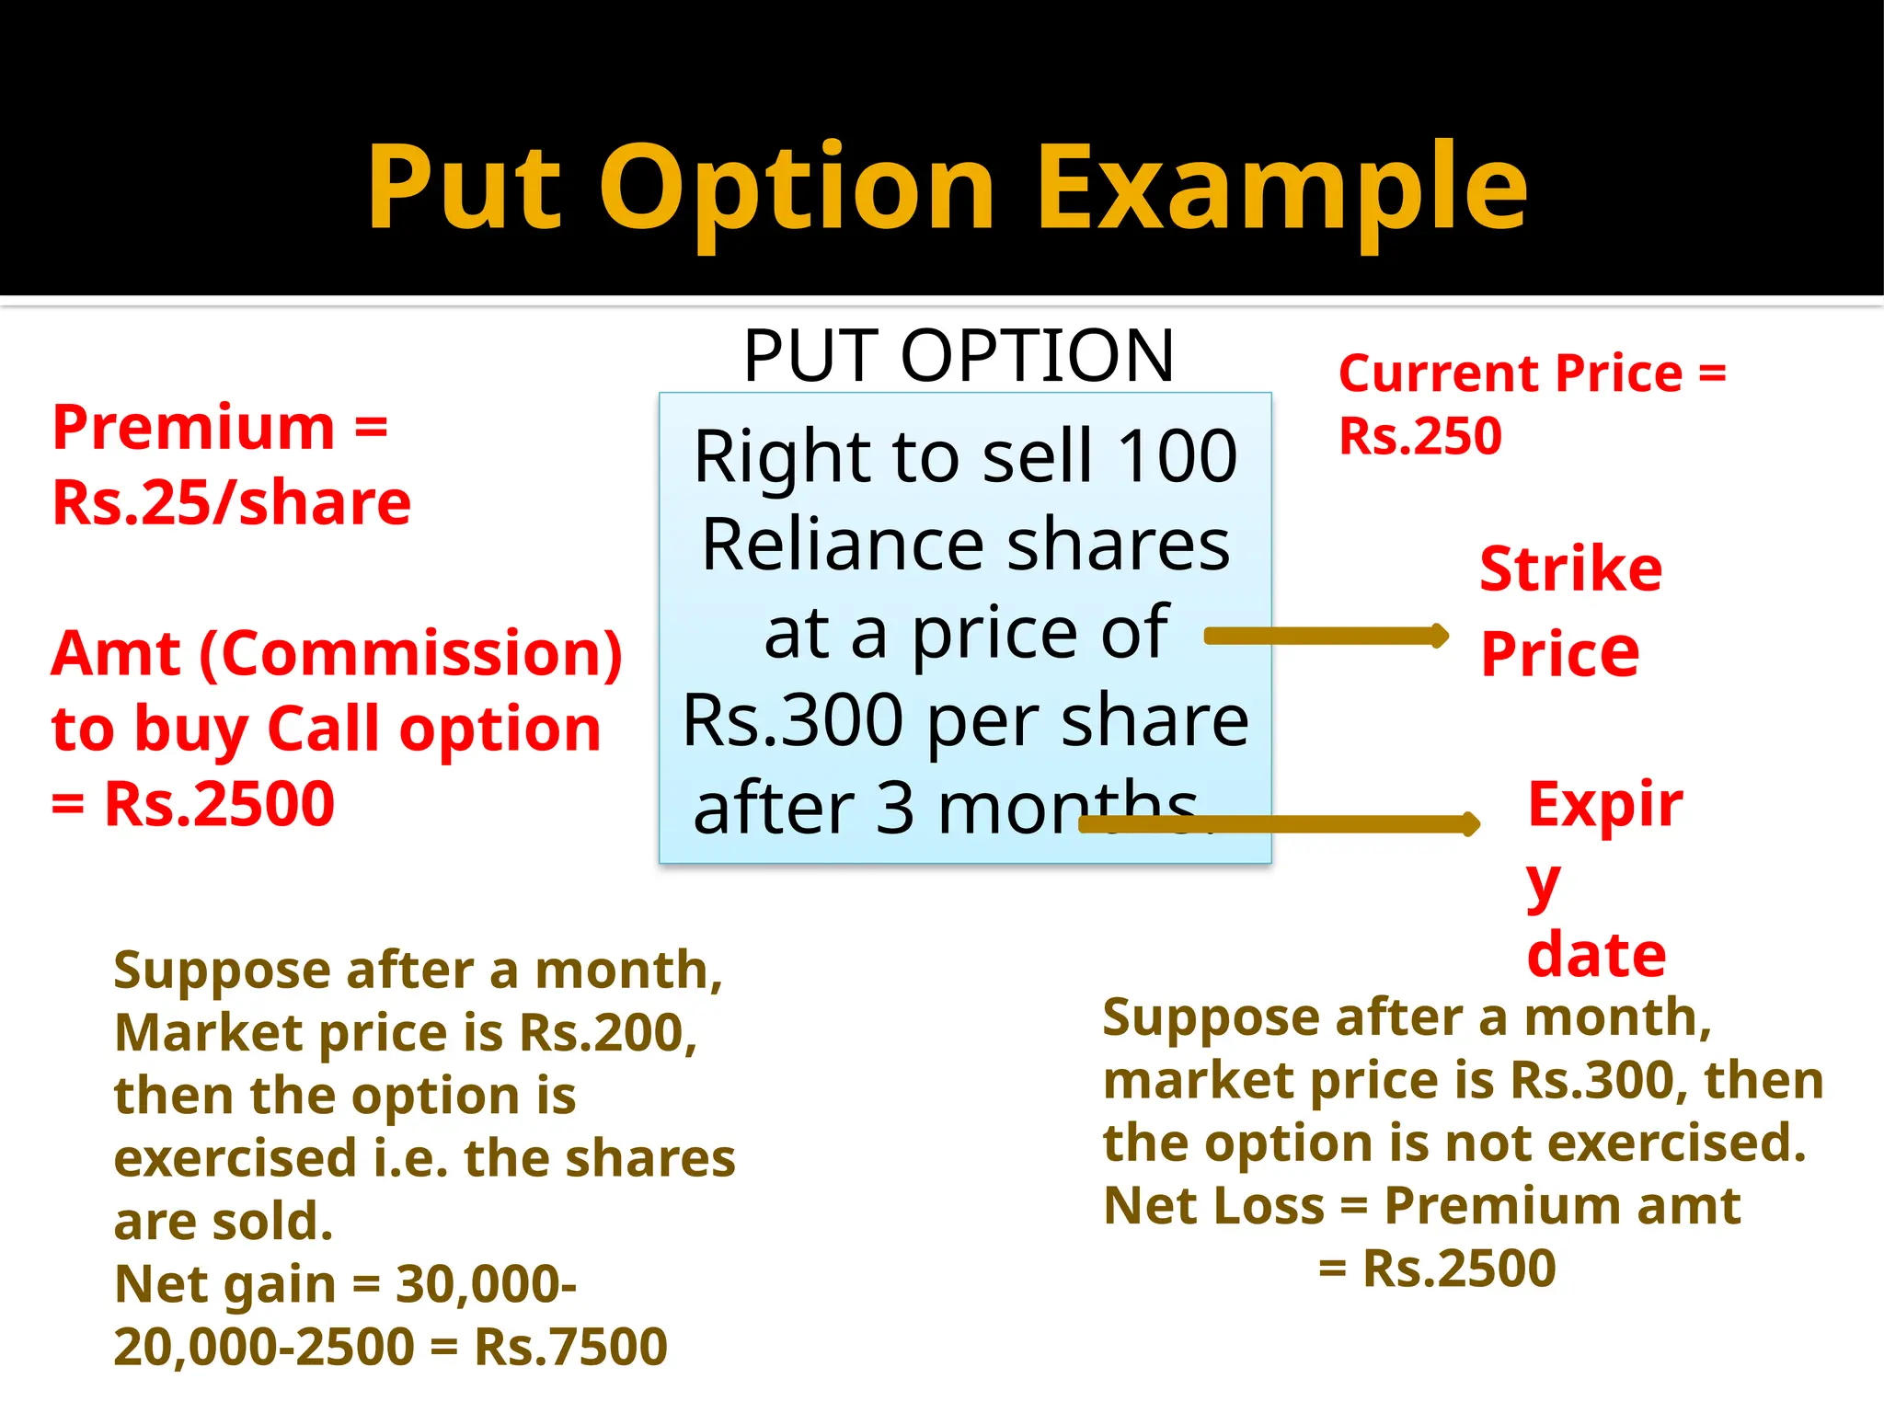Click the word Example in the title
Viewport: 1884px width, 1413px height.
click(1282, 189)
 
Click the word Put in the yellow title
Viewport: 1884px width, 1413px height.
click(465, 189)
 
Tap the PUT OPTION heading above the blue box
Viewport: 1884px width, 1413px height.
click(959, 356)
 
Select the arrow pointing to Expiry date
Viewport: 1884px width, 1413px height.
click(1279, 824)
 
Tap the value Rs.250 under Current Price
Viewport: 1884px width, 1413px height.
click(1419, 436)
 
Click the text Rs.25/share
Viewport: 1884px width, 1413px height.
click(232, 503)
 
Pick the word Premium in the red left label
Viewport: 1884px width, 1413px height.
click(194, 428)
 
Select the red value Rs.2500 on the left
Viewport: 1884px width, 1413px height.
click(220, 804)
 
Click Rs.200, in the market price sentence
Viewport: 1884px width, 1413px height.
click(608, 1033)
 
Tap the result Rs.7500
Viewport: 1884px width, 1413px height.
click(570, 1348)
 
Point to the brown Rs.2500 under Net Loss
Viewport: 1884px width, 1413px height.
click(1459, 1269)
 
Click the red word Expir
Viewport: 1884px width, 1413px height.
click(1604, 804)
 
